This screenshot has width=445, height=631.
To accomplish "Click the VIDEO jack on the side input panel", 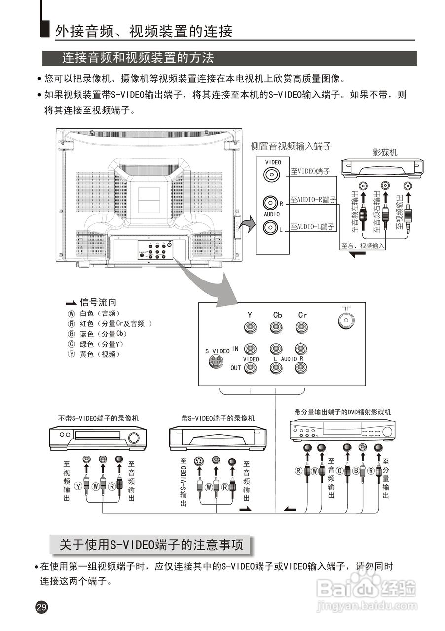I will click(x=270, y=175).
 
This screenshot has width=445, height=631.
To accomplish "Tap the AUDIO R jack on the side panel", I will click(x=270, y=203).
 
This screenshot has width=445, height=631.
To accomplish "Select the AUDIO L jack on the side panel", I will click(x=270, y=227).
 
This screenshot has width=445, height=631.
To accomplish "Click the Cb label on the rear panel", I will click(x=277, y=315).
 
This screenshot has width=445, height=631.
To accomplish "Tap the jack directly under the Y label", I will click(x=250, y=327).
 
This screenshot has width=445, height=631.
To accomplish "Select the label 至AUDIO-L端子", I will click(x=312, y=227).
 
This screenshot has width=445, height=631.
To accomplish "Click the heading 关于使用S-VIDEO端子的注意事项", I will click(x=151, y=545).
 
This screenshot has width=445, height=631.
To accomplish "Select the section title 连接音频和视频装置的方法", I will click(x=138, y=58).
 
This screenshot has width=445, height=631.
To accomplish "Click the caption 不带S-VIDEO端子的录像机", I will click(x=98, y=418).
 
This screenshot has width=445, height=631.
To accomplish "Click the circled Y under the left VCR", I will click(x=77, y=487).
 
